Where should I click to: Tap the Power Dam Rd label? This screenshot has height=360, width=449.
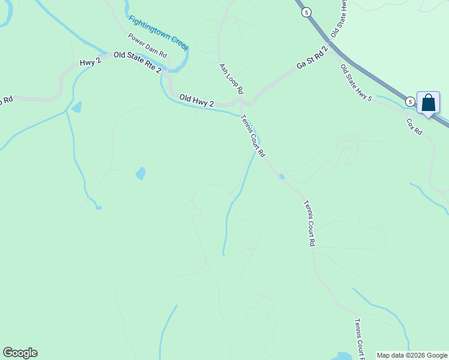(147, 45)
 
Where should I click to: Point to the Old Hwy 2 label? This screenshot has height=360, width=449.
(196, 100)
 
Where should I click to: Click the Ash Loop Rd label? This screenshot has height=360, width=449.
(231, 79)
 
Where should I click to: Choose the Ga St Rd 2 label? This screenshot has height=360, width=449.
(312, 58)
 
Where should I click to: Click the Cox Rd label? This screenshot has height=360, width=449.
(414, 125)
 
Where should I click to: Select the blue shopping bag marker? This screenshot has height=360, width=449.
(428, 103)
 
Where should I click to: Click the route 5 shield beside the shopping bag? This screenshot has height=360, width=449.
(409, 102)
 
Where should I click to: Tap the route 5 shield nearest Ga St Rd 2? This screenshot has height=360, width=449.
(306, 12)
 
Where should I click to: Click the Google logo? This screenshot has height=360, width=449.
(20, 353)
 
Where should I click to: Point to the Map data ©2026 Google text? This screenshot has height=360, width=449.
(412, 355)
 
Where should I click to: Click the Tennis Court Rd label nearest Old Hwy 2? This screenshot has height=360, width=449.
(253, 136)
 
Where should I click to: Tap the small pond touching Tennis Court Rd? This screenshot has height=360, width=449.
(281, 176)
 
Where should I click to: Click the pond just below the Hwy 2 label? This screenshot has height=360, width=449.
(77, 107)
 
